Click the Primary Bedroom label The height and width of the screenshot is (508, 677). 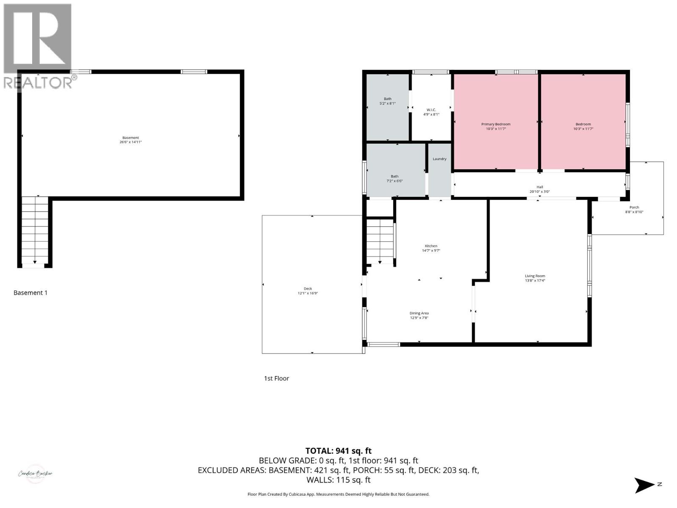coord(495,124)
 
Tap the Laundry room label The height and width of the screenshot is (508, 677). coord(439,159)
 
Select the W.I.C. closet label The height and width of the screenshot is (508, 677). coord(431,110)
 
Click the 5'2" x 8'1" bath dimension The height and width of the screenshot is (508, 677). coord(387,103)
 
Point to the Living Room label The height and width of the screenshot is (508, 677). coord(535,276)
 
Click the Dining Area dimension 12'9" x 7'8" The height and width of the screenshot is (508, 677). coord(419,318)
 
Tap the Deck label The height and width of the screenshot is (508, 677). coord(308,288)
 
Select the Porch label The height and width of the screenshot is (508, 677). coord(634,207)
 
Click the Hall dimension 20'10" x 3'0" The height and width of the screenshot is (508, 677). coord(539,191)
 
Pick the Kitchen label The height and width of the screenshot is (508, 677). coord(431,246)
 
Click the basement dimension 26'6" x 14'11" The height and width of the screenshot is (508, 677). coord(130,142)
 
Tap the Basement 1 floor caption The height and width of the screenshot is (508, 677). coord(30,293)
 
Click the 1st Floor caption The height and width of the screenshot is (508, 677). coord(276,378)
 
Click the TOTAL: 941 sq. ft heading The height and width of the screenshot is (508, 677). coord(338,451)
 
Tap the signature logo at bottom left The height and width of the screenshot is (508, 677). coord(35,474)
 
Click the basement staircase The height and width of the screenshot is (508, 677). coord(35,231)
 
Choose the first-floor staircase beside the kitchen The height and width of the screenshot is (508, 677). coord(380,241)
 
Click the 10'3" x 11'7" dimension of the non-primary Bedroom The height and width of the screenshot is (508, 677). coord(583,129)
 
